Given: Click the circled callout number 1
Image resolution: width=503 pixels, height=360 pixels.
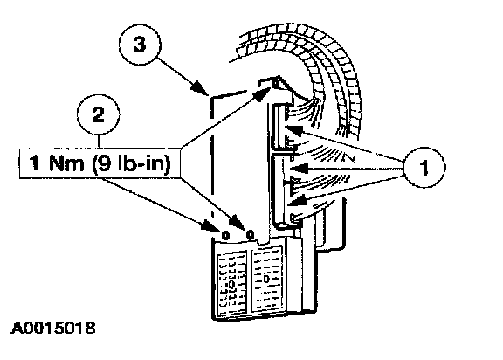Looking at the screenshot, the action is click(x=424, y=167).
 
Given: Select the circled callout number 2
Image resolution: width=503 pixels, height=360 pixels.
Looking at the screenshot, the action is click(x=98, y=114).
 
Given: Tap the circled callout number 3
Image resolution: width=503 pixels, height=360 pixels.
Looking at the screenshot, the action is click(x=140, y=45).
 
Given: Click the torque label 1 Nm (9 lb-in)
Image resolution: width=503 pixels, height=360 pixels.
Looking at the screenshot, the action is click(x=100, y=163).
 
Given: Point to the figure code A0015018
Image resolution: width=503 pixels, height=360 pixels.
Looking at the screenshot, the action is click(x=53, y=328).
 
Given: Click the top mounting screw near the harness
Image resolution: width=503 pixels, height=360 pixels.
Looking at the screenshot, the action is click(x=275, y=83).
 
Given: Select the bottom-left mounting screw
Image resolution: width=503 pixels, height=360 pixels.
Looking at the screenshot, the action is click(x=225, y=236).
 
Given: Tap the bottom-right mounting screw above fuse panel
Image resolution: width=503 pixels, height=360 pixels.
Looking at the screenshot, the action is click(x=251, y=235).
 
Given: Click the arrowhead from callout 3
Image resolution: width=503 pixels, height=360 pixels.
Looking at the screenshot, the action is click(x=199, y=88).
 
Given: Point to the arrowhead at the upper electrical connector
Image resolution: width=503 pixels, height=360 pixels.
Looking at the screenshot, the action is click(x=293, y=130).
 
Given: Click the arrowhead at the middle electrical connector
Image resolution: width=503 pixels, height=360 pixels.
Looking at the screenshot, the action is click(x=297, y=168).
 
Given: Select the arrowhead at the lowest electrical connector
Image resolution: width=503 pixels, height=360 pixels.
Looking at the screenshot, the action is click(x=296, y=202).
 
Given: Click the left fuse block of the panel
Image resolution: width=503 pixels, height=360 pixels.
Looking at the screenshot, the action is click(x=231, y=281).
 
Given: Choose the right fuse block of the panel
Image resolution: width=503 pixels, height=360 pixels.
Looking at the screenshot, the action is click(x=268, y=279).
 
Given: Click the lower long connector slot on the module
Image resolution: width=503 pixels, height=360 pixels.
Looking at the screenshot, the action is click(x=279, y=190).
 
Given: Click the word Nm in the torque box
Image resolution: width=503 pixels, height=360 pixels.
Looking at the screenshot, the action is click(x=66, y=163).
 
